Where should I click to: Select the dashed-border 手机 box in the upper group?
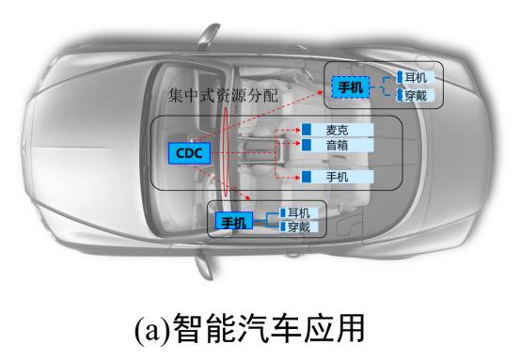[350, 87]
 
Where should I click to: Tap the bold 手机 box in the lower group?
[231, 221]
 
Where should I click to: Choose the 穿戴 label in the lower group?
[299, 227]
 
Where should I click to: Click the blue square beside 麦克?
[306, 130]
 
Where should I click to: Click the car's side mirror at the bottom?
[202, 266]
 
